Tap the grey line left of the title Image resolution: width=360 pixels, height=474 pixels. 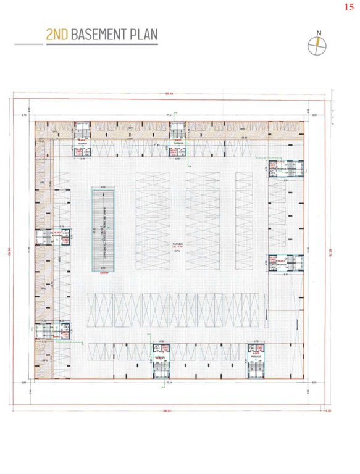[x=28, y=44]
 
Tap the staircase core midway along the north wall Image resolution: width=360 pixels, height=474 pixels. [x=178, y=131]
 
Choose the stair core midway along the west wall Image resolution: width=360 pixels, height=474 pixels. [x=46, y=237]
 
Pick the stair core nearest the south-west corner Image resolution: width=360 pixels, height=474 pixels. [x=46, y=331]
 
